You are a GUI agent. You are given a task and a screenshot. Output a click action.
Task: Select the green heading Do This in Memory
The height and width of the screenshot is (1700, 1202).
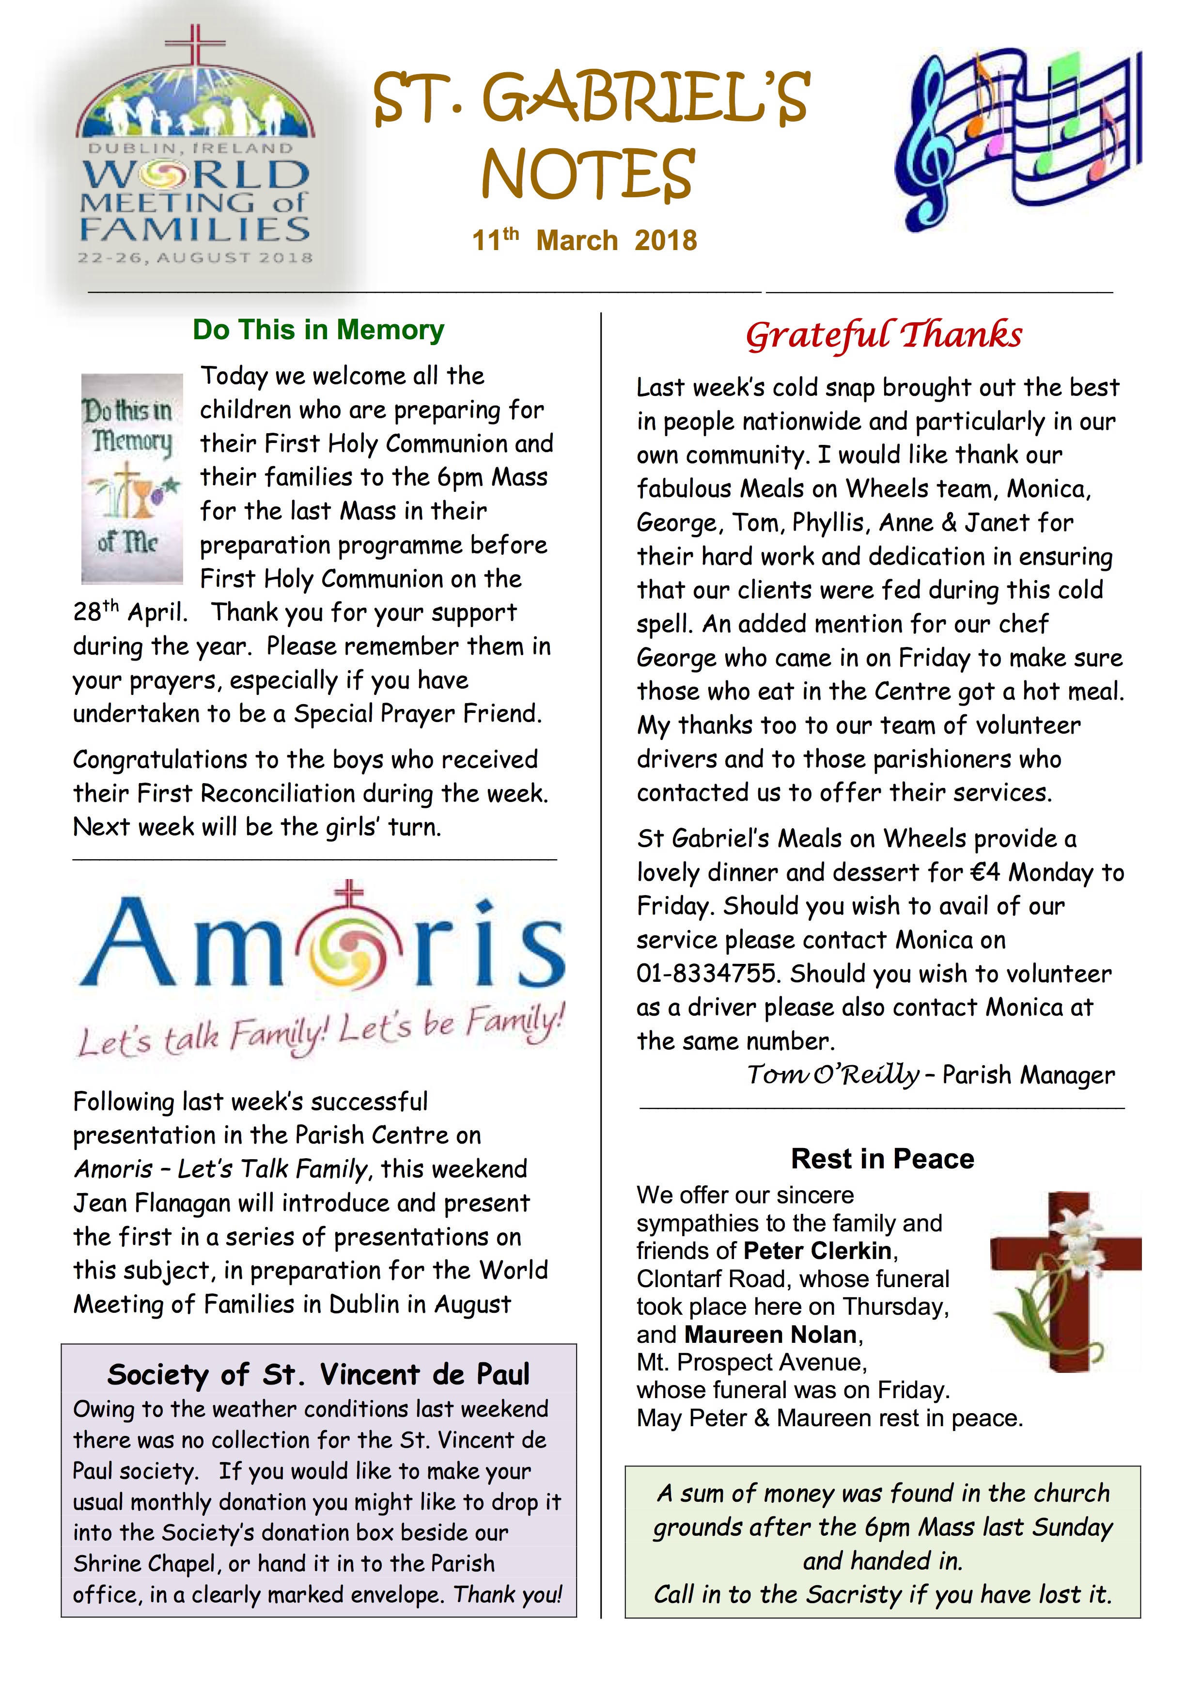tap(318, 330)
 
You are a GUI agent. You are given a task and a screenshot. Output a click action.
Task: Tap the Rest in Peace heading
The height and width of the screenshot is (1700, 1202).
tap(882, 1159)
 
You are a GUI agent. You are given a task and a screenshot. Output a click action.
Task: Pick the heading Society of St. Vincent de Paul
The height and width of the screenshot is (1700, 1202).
tap(318, 1374)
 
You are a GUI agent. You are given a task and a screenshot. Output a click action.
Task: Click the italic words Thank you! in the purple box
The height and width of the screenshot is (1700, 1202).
tap(508, 1594)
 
